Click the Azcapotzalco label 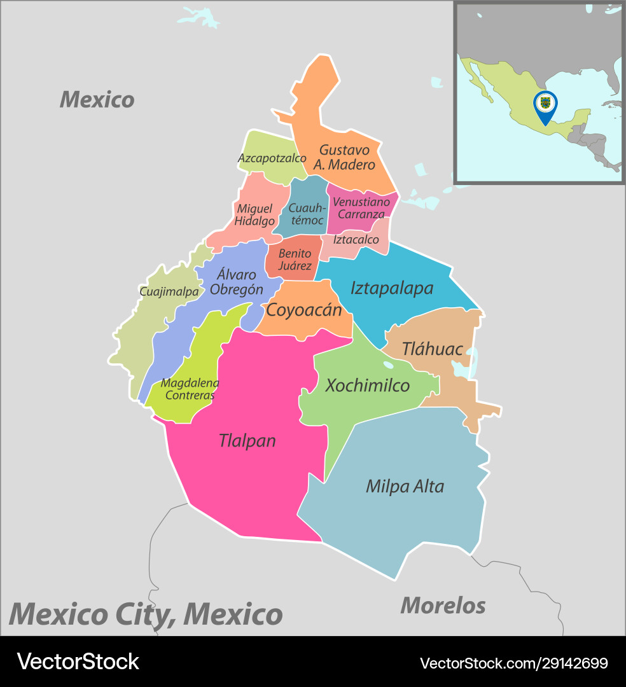272,158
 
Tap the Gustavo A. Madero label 344,157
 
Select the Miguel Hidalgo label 254,215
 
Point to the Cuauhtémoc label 307,214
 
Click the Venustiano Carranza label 361,208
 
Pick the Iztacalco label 356,240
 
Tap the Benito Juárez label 295,260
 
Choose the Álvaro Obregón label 237,282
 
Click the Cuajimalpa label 169,292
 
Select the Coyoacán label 303,310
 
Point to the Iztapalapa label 391,288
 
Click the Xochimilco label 367,385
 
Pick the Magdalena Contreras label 190,389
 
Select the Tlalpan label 247,440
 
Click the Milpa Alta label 405,487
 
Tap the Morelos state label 443,605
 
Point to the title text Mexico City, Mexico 146,614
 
